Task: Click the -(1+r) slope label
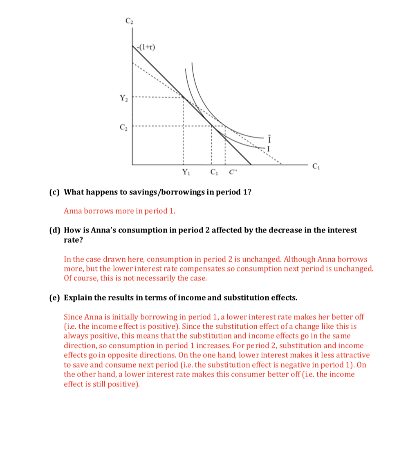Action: pyautogui.click(x=146, y=47)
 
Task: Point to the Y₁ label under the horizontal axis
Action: pyautogui.click(x=185, y=172)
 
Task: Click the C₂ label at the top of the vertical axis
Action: pyautogui.click(x=129, y=21)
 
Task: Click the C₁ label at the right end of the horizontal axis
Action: pyautogui.click(x=315, y=166)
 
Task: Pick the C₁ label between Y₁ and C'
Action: pyautogui.click(x=214, y=172)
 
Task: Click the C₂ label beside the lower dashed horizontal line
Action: pyautogui.click(x=123, y=126)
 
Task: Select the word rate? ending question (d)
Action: pyautogui.click(x=74, y=240)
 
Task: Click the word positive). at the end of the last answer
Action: pyautogui.click(x=123, y=384)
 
